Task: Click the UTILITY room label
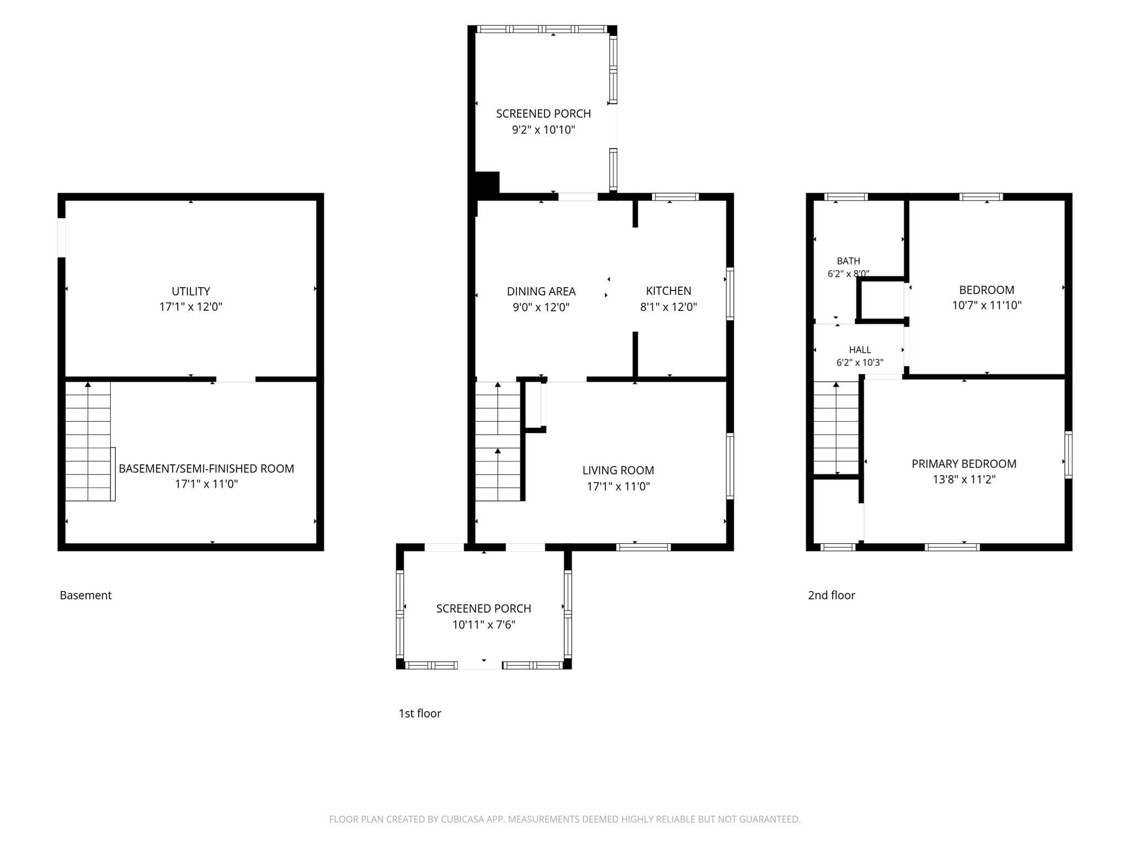[x=191, y=291]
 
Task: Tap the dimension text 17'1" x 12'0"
[x=191, y=307]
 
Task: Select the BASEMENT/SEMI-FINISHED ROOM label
[x=206, y=469]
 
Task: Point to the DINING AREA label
[x=541, y=291]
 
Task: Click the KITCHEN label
[x=669, y=291]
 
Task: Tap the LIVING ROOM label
[x=619, y=470]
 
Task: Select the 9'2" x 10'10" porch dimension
[x=543, y=130]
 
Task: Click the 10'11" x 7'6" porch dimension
[x=484, y=624]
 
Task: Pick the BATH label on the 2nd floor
[x=849, y=261]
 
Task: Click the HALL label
[x=860, y=350]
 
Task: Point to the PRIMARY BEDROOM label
[x=964, y=464]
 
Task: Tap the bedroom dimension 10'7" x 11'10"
[x=987, y=305]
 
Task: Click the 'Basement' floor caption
[x=86, y=595]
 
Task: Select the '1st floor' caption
[x=420, y=713]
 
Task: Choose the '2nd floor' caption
[x=831, y=595]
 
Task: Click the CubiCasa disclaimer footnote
[x=564, y=819]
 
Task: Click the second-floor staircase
[x=836, y=428]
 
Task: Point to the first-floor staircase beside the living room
[x=498, y=442]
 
